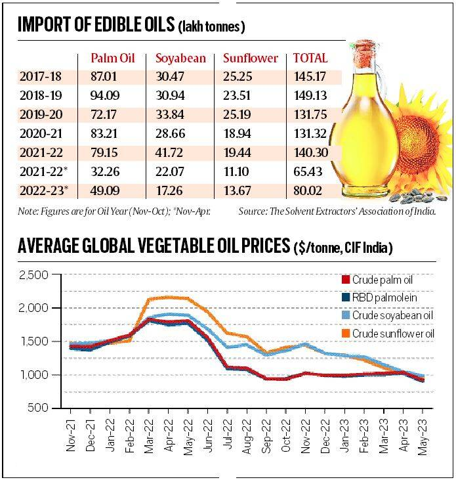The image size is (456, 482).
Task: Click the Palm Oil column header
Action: pyautogui.click(x=112, y=58)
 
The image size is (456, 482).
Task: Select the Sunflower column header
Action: pyautogui.click(x=251, y=58)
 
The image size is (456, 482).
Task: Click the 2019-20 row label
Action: pyautogui.click(x=40, y=115)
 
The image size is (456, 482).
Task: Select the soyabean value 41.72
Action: pyautogui.click(x=169, y=153)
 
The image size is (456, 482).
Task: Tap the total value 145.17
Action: pyautogui.click(x=309, y=77)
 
